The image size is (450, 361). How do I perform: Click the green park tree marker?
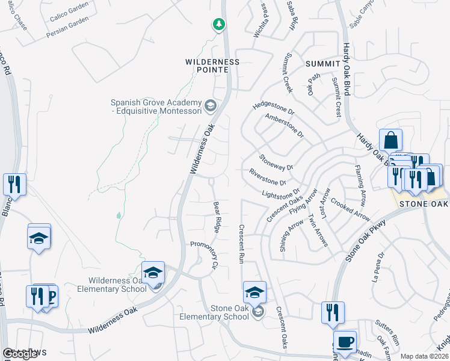(218, 25)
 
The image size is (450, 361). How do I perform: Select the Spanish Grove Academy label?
(158, 106)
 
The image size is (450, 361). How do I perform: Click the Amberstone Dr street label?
(285, 126)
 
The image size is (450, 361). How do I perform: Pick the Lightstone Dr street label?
(280, 194)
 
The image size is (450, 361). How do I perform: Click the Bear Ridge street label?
(217, 217)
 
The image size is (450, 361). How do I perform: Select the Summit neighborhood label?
(323, 64)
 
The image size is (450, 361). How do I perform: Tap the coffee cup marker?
(345, 341)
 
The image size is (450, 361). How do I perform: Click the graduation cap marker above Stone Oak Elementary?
(254, 292)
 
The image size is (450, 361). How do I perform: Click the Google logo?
(20, 354)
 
